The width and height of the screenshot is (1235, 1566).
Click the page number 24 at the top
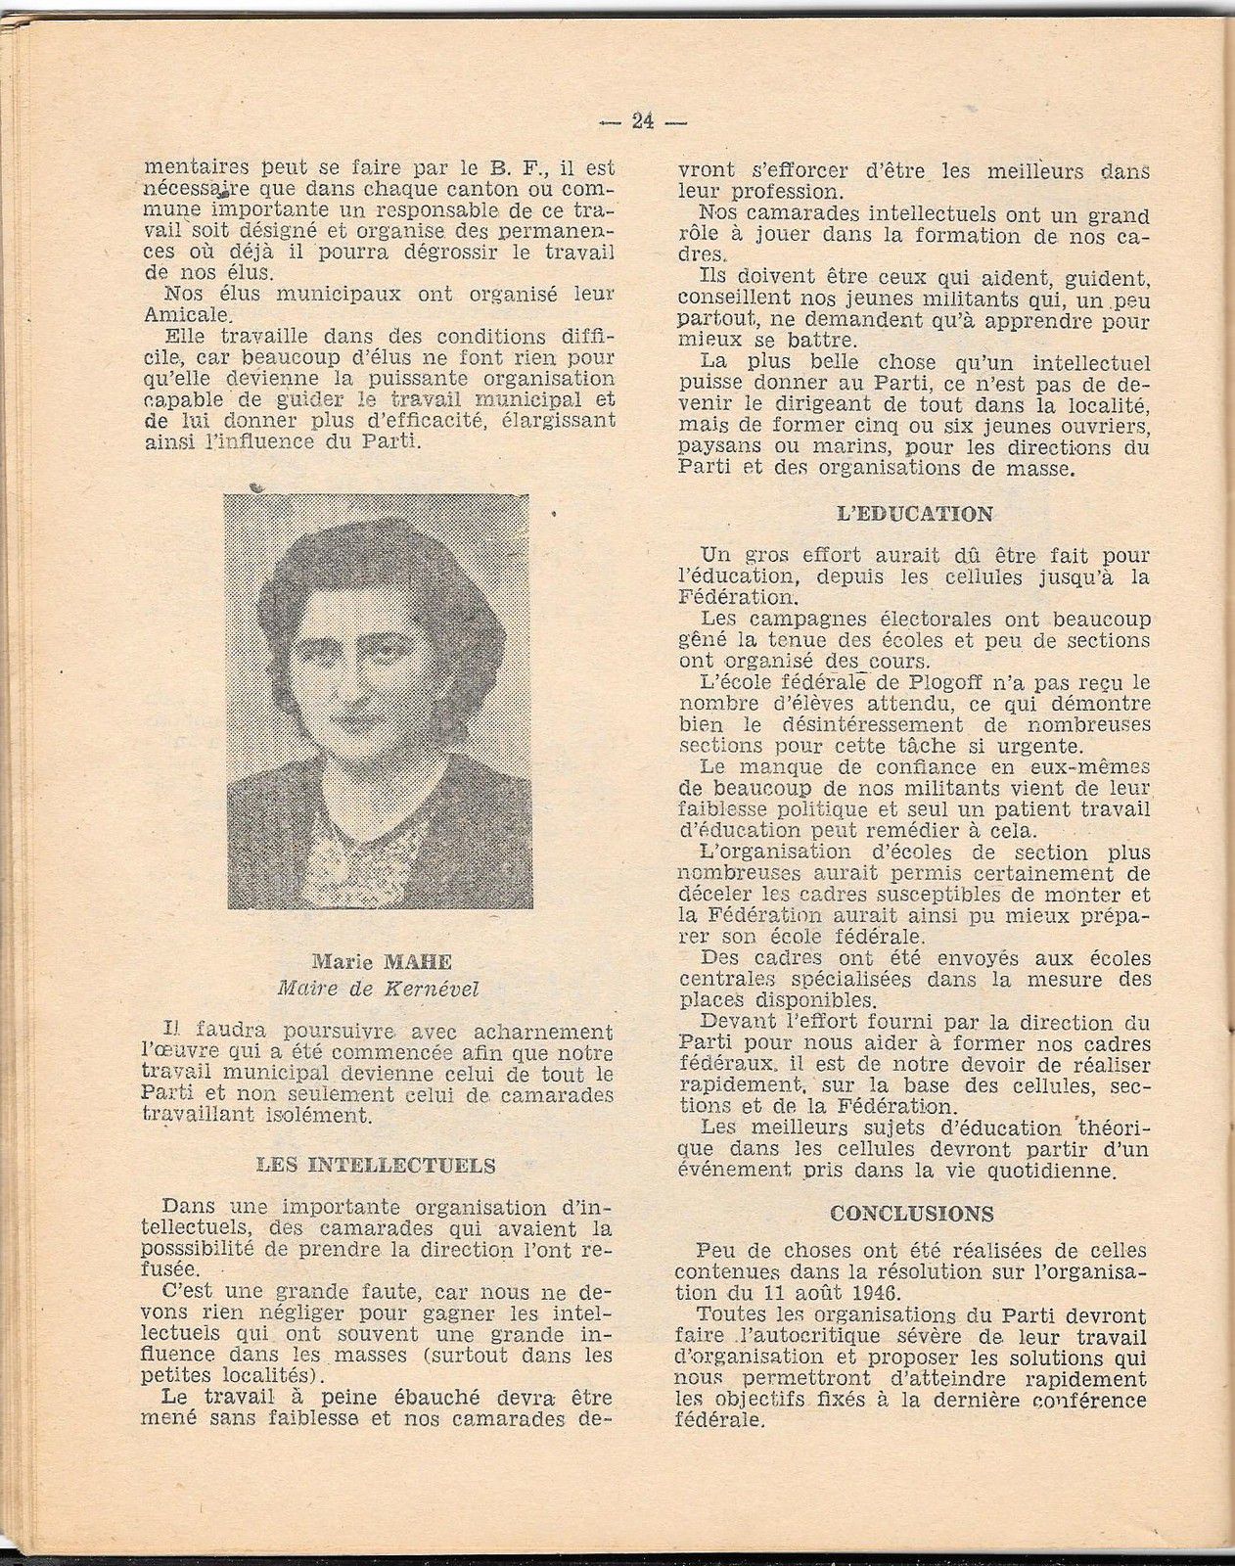tap(643, 122)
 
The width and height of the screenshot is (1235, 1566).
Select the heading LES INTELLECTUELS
tap(376, 1166)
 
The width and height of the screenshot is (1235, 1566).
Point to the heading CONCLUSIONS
tap(911, 1213)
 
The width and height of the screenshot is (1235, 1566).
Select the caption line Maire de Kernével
tap(378, 988)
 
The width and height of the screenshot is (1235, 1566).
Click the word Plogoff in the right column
tap(905, 681)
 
